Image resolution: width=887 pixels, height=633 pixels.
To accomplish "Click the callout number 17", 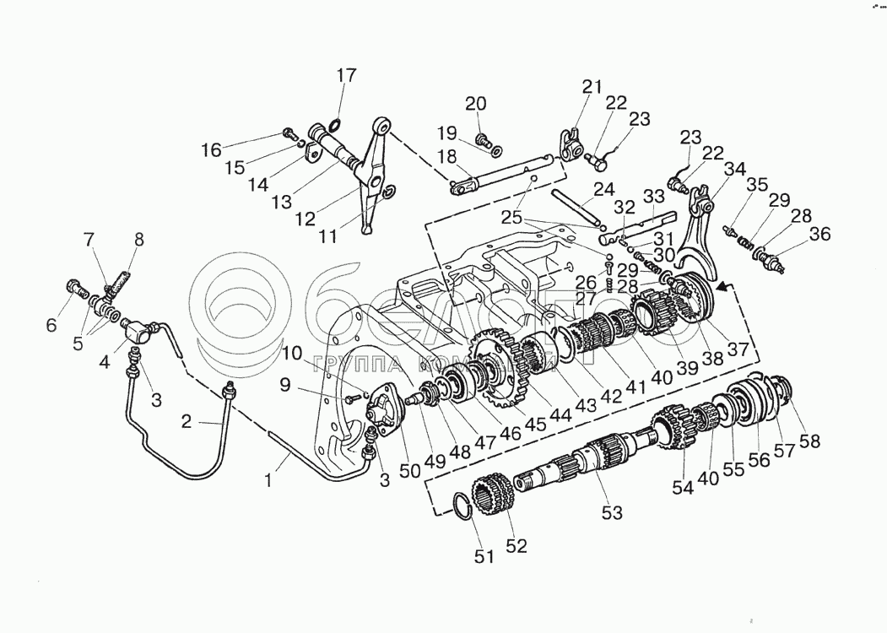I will [348, 75].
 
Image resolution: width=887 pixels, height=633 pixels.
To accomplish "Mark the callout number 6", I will [51, 326].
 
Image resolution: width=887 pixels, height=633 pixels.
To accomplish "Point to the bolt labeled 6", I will [77, 290].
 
